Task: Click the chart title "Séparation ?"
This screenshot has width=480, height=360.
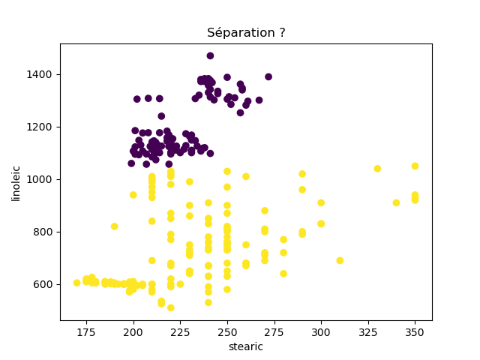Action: [246, 33]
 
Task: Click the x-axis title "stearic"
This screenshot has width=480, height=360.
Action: [246, 346]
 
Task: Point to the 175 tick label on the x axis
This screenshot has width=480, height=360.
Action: [86, 331]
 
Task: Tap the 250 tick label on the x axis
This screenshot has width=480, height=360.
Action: [227, 331]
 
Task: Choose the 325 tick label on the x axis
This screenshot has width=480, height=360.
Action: [368, 331]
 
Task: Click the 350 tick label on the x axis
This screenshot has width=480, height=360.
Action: [415, 331]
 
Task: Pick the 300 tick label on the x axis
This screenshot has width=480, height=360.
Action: [321, 331]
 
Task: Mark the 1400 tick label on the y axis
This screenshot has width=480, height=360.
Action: [43, 74]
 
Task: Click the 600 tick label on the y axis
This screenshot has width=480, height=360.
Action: [45, 284]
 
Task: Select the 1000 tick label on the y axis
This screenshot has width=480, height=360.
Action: [43, 179]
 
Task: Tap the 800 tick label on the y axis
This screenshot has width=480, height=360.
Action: [45, 232]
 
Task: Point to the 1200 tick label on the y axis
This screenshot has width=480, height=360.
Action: [43, 127]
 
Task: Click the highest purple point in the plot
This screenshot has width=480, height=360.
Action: [210, 55]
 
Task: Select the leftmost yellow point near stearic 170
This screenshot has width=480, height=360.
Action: [77, 283]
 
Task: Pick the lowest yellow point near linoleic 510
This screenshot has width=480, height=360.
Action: [171, 307]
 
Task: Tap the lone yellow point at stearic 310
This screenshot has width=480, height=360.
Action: [340, 260]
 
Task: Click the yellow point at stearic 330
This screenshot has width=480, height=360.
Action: [377, 169]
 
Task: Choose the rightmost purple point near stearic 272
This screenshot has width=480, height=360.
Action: [268, 76]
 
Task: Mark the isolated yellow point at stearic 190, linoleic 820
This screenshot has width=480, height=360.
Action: [115, 226]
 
